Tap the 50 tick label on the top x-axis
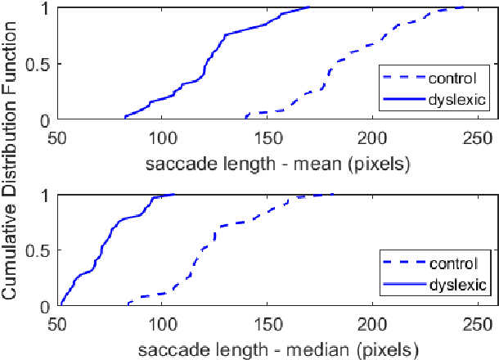coord(57,137)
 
